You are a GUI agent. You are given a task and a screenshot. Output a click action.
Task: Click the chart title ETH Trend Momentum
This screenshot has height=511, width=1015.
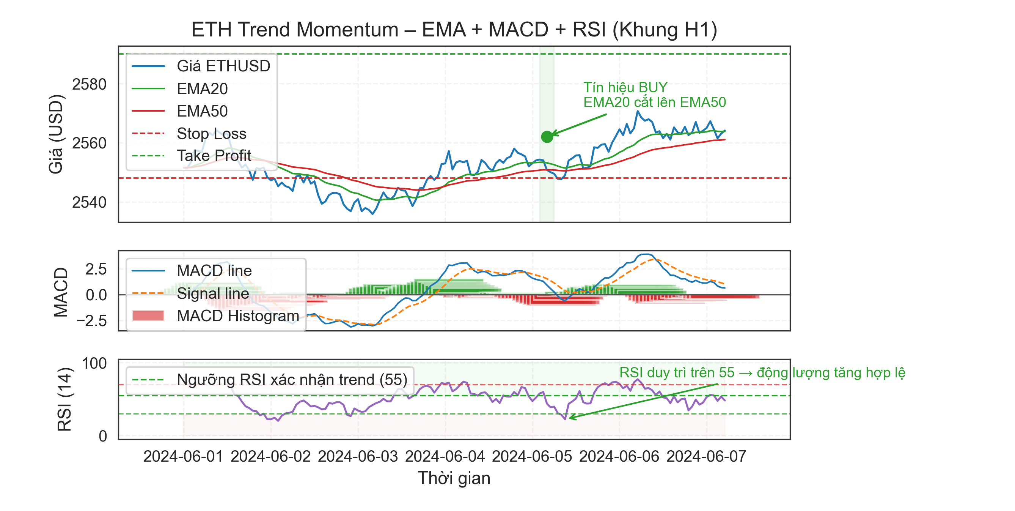coord(454,30)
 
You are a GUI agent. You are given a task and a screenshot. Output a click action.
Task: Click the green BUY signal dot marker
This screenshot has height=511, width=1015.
coord(547,137)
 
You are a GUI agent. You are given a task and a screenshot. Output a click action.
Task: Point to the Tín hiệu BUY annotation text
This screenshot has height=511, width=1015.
coord(654,95)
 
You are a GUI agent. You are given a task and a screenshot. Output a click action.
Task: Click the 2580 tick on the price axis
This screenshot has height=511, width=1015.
coord(89,84)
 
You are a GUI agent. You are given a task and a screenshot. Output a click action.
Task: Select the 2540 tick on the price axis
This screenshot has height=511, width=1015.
coord(89,202)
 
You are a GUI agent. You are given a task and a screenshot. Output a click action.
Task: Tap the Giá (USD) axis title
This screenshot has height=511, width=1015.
coord(55,134)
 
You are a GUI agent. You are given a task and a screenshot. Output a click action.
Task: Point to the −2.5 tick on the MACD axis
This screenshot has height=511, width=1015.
coord(91,320)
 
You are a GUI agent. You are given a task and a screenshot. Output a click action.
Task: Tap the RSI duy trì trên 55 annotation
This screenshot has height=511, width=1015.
coord(762,372)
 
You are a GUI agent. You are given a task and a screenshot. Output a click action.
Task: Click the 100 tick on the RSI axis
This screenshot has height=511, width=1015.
coord(94,363)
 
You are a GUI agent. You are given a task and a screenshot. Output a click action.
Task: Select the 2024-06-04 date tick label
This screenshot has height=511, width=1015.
coord(445,456)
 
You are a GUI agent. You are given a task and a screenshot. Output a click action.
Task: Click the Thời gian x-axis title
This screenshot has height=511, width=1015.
coord(454,478)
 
